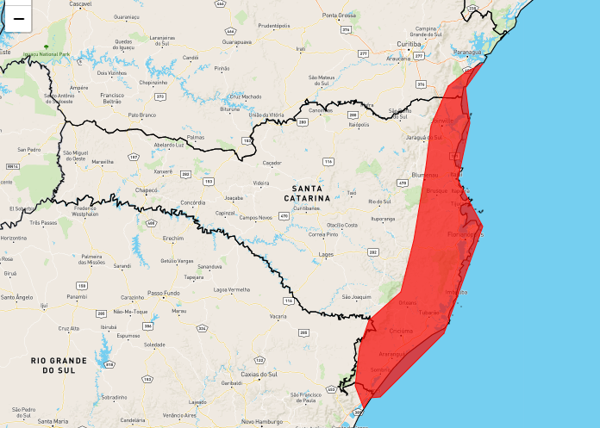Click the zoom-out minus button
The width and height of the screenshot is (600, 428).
(17, 18)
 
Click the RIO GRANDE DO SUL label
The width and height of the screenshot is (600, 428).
(59, 364)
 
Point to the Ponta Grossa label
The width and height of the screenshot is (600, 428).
(339, 16)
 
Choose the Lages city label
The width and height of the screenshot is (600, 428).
(326, 255)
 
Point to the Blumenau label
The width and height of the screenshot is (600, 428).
(425, 175)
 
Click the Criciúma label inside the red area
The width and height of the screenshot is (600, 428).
(402, 332)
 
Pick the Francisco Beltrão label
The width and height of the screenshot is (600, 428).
(112, 98)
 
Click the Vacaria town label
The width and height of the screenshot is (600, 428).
(278, 317)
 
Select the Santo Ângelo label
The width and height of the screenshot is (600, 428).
(16, 297)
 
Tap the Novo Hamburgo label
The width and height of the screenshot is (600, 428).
(259, 421)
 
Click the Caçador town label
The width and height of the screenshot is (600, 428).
(272, 162)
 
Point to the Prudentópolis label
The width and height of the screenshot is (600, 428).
(273, 27)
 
